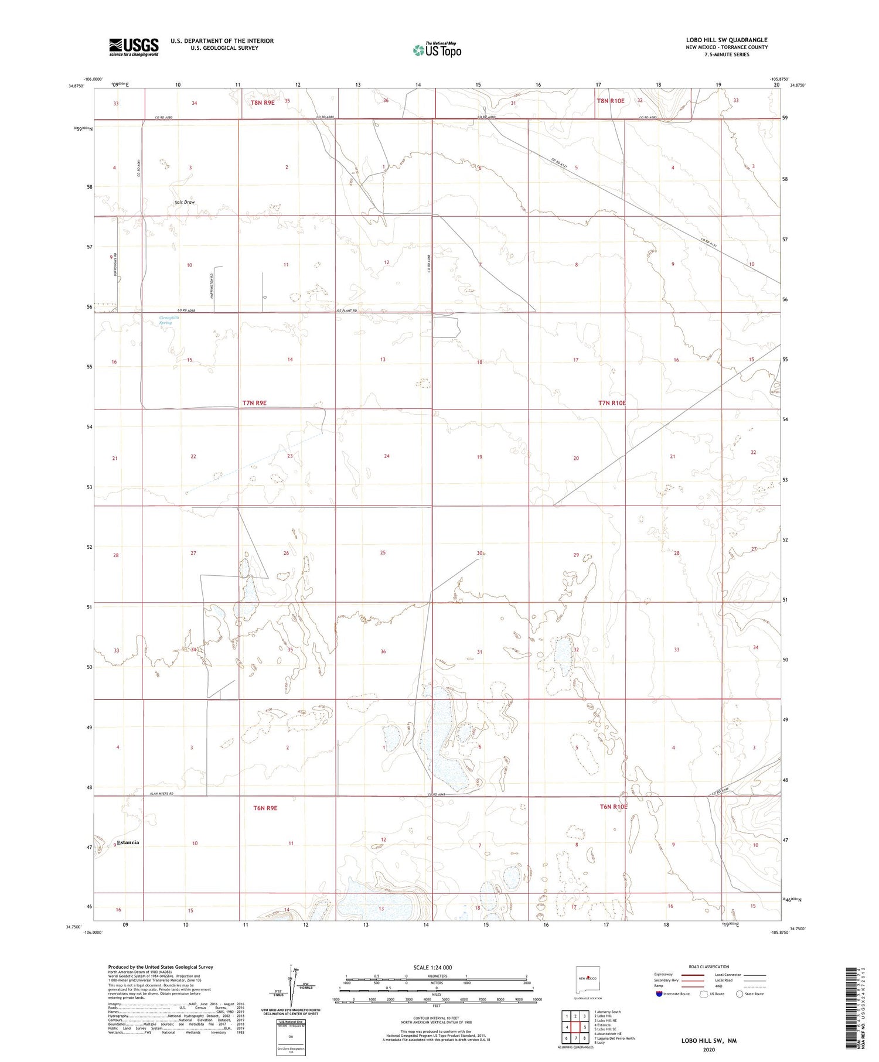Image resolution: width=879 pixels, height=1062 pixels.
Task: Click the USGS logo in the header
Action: (134, 47)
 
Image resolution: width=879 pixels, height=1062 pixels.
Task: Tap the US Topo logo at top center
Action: (437, 50)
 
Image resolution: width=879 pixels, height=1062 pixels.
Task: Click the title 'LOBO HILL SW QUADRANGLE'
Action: (727, 40)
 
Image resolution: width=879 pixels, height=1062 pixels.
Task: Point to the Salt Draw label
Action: (185, 202)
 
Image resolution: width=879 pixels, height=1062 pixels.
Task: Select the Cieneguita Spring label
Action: (166, 320)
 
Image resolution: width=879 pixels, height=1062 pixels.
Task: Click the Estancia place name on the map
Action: (128, 842)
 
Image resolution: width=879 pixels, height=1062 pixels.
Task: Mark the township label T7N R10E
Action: (612, 403)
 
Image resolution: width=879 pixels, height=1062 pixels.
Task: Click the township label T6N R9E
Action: (265, 808)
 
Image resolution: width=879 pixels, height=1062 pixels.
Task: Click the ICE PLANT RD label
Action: (347, 310)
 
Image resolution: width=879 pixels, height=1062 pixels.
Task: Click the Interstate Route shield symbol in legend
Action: (659, 994)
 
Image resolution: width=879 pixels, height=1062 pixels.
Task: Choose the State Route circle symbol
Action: (740, 994)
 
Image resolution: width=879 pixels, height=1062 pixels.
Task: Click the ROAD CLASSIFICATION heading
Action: (708, 967)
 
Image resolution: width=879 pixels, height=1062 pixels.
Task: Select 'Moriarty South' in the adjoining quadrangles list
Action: (609, 1012)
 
